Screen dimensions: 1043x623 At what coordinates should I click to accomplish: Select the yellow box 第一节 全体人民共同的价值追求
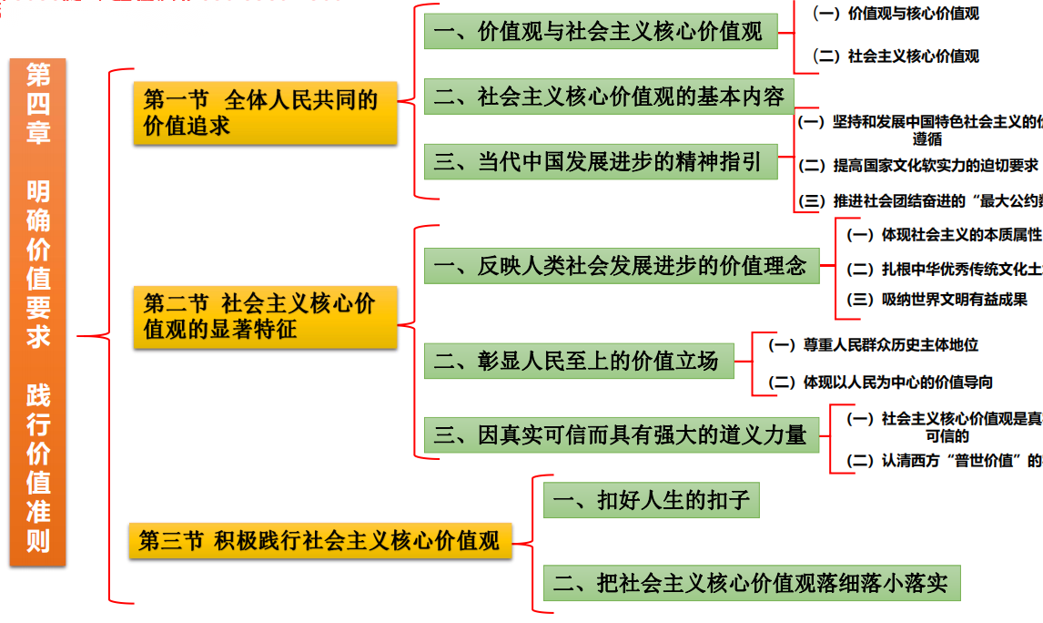tap(265, 113)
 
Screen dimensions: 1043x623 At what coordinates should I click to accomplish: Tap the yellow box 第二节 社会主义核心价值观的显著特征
tap(265, 316)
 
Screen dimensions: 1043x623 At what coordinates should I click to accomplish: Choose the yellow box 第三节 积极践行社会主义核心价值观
tap(319, 541)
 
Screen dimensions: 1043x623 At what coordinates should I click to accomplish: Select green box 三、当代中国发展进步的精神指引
tap(599, 163)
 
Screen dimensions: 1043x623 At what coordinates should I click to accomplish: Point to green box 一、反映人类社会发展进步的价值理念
tap(621, 266)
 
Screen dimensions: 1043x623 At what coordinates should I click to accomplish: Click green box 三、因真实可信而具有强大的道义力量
tap(621, 435)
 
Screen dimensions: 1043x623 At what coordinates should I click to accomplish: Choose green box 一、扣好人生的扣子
tap(651, 501)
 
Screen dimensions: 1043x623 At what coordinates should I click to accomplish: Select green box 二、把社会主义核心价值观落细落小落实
tap(752, 584)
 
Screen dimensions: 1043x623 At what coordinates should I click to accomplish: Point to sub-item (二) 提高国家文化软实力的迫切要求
tap(918, 166)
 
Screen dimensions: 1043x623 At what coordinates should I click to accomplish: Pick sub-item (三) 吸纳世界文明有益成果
tap(937, 299)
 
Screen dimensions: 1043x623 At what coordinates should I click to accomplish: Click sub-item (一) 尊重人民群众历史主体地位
tap(873, 345)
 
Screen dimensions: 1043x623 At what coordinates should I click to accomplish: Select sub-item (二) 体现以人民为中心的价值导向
tap(880, 383)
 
